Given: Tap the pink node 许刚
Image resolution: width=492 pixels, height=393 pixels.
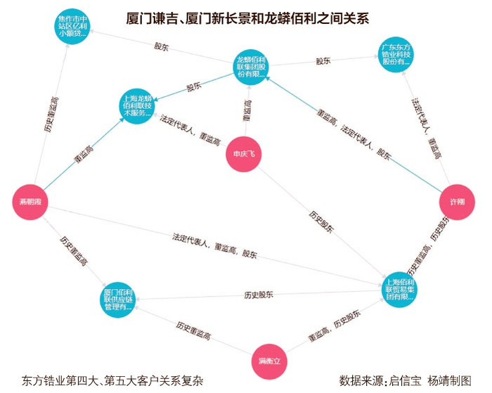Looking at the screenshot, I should point(457,202).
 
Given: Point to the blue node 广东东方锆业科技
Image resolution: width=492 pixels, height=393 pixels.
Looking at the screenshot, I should point(396,54).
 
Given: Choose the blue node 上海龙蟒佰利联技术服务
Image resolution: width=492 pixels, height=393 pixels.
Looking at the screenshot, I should point(138,105).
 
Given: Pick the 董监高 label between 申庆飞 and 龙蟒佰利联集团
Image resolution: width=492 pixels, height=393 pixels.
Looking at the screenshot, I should point(247,112).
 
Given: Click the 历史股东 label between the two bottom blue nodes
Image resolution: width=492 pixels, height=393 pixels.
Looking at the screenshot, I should point(259,293).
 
